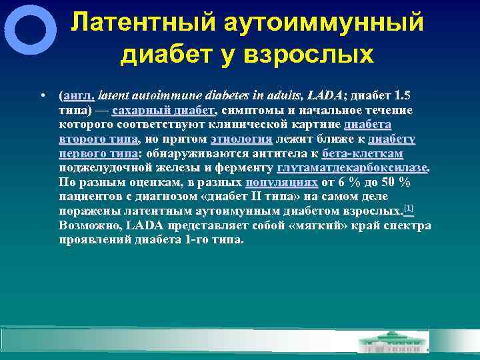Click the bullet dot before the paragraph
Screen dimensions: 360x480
tap(42, 95)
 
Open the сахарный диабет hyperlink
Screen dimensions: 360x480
tap(163, 110)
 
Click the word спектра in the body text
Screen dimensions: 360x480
tap(406, 225)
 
